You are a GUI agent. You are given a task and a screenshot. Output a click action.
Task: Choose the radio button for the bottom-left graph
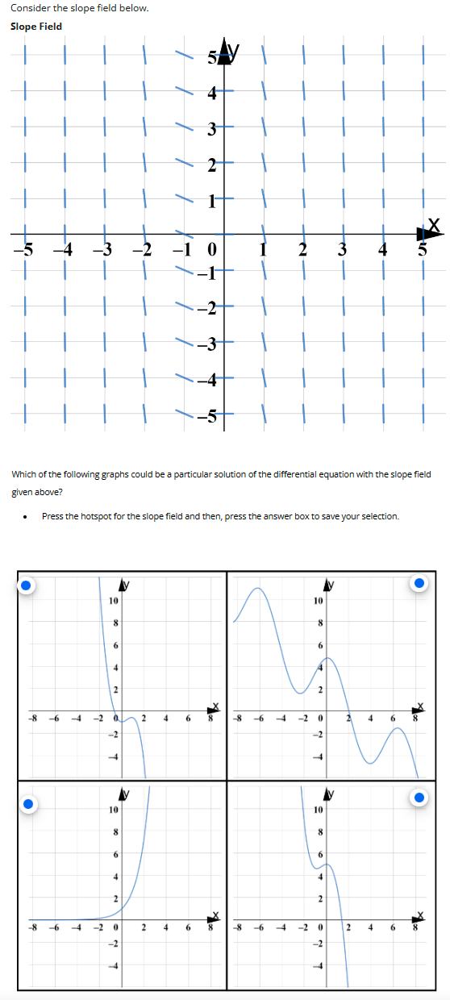click(26, 803)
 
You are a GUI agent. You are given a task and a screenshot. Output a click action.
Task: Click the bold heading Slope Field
click(36, 27)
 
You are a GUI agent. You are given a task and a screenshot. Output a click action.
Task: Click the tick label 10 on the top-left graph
click(115, 602)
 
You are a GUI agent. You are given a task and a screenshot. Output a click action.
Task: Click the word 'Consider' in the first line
click(30, 8)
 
